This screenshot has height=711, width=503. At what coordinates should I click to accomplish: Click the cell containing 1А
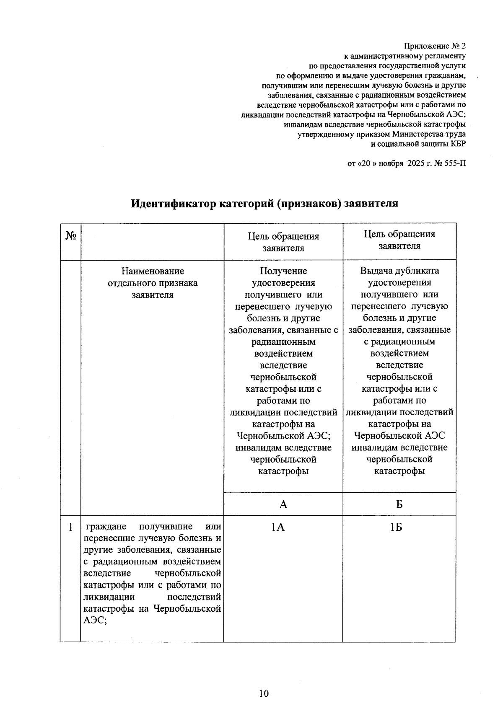(277, 527)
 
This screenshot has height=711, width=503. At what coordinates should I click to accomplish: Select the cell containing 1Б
(396, 527)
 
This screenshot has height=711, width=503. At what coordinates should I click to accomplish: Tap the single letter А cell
(283, 504)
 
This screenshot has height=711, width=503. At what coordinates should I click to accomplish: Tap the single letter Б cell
(399, 504)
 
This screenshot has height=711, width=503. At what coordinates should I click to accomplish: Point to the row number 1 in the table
(70, 527)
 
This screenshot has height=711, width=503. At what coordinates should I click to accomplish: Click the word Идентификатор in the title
(173, 204)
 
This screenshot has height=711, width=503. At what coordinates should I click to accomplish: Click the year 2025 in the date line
(416, 163)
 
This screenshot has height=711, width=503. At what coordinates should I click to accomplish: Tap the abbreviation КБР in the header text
(458, 144)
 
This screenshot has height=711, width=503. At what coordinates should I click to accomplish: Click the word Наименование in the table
(153, 271)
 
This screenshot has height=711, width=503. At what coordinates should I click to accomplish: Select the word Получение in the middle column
(283, 271)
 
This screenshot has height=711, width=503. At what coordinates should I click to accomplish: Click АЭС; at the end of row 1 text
(95, 621)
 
